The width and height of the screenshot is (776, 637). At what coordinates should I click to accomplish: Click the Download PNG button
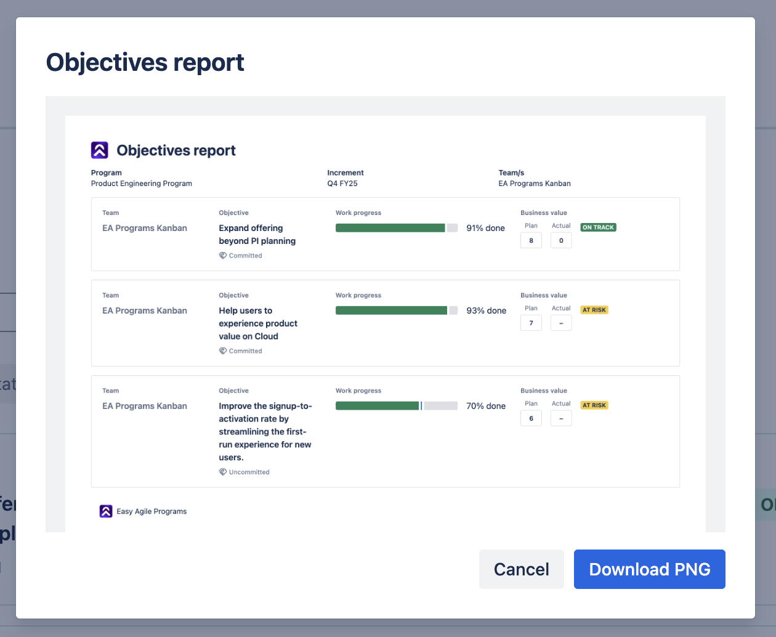coord(649,569)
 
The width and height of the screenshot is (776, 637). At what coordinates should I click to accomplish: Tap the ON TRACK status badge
coord(598,227)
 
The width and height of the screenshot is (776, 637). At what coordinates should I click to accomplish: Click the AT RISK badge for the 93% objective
coord(594,310)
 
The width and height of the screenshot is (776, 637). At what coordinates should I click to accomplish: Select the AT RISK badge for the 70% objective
coord(594,405)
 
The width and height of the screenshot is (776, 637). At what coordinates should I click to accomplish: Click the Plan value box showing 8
coord(531,240)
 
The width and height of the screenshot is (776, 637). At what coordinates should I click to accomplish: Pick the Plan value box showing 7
coord(531,323)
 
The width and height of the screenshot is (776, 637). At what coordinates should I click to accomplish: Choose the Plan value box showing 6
coord(531,418)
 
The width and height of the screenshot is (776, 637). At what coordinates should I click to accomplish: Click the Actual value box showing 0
coord(561,240)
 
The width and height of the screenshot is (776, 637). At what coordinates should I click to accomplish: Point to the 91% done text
coord(485,228)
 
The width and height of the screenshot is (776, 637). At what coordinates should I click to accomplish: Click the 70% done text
coord(486,406)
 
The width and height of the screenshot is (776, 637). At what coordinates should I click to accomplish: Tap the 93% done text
coord(486,310)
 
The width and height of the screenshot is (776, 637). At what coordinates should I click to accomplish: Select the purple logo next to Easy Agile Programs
coord(106,511)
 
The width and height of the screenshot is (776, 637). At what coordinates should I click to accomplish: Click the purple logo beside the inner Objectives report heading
coord(99,150)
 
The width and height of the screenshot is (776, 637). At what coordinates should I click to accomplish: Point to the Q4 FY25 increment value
coord(342,183)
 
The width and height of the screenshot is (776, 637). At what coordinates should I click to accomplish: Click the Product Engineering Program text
coord(141,183)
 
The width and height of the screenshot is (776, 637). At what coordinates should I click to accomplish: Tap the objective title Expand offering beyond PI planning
coord(257,235)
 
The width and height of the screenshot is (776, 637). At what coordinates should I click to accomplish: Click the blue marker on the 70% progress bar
coord(421,405)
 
